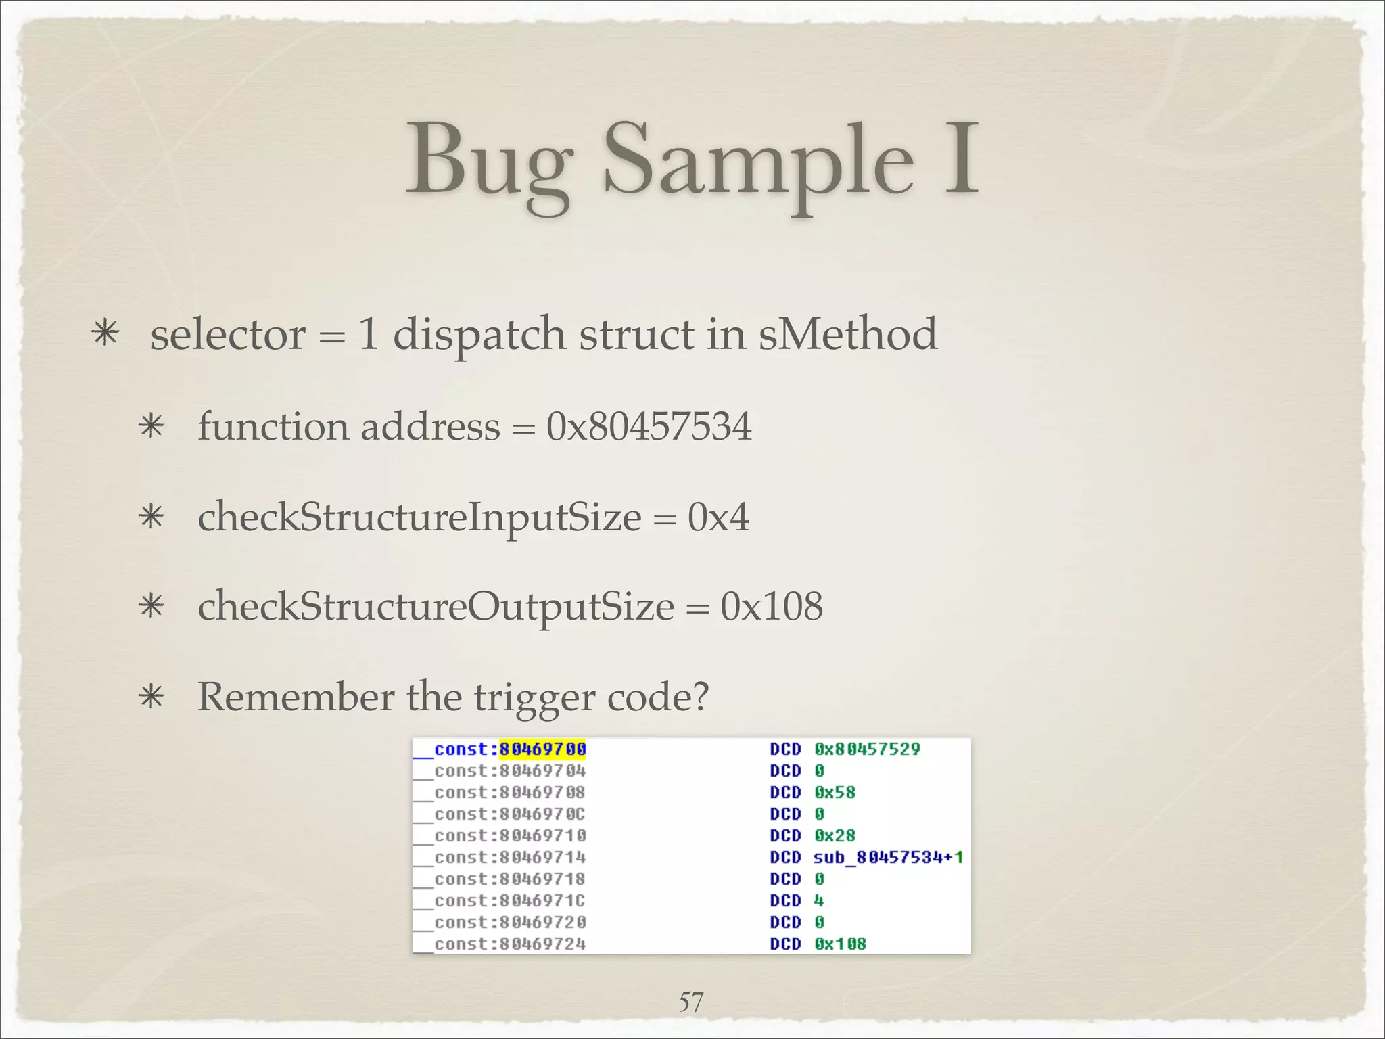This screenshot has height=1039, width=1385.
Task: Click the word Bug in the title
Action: click(489, 162)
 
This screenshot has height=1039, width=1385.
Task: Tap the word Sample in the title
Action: click(758, 162)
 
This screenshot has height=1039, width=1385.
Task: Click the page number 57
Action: click(691, 1002)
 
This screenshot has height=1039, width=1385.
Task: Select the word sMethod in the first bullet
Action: click(847, 334)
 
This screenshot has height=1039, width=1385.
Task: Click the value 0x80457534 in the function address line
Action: click(649, 427)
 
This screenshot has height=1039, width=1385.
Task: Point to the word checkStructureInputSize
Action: click(419, 518)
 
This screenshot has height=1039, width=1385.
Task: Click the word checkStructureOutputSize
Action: click(436, 606)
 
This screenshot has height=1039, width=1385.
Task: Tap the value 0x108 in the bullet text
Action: click(772, 606)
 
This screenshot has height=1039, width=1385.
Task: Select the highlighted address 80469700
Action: click(542, 749)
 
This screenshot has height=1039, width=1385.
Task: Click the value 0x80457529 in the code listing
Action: click(867, 749)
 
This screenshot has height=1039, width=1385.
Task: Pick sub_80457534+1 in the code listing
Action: click(888, 858)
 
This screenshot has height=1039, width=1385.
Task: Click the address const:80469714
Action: click(510, 858)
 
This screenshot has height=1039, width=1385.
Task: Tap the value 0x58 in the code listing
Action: click(835, 793)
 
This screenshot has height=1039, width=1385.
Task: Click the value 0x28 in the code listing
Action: click(835, 836)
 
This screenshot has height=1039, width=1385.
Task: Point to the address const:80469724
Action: click(510, 944)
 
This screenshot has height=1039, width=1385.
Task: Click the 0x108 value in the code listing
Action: click(840, 944)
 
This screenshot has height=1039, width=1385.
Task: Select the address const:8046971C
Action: click(510, 901)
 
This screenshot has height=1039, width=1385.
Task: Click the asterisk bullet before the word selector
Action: click(106, 334)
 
